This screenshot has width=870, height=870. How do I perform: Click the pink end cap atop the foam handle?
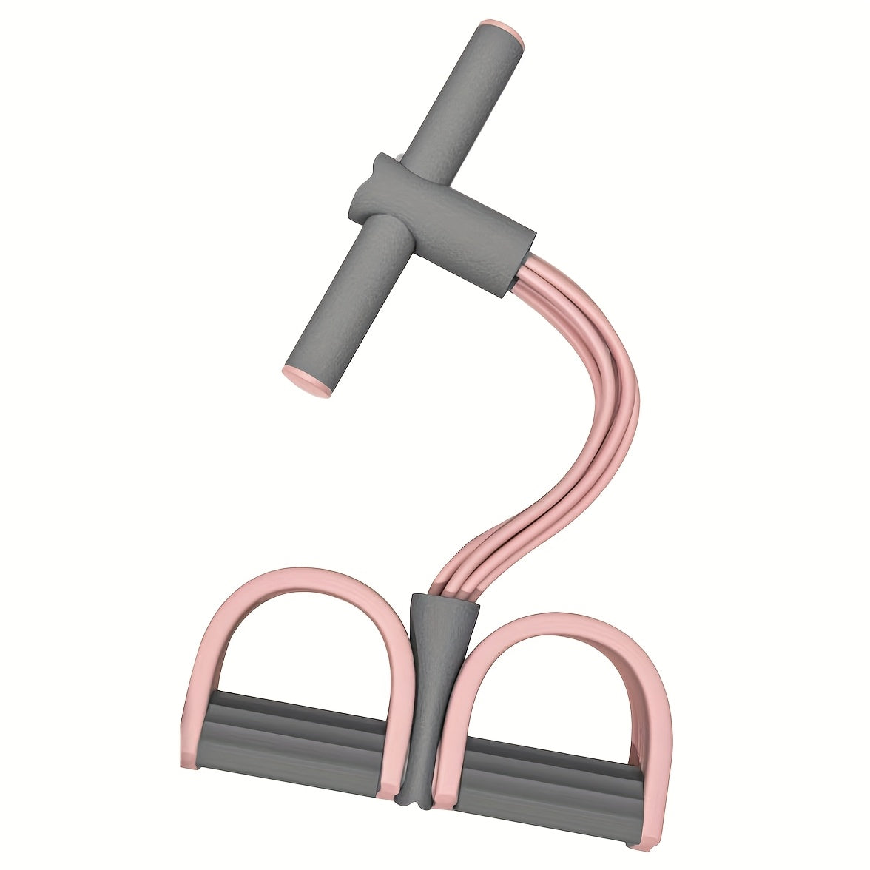[502, 33]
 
